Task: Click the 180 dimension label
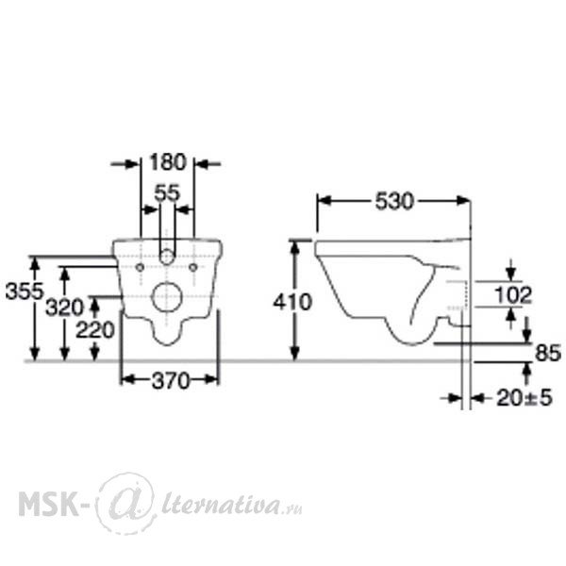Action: click(x=168, y=162)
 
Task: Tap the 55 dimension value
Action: click(x=167, y=193)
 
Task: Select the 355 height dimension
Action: click(x=25, y=291)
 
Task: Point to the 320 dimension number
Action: click(x=64, y=308)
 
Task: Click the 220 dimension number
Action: click(x=95, y=330)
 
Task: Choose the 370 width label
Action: click(x=171, y=381)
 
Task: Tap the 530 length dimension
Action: click(x=393, y=202)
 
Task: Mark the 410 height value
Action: click(x=292, y=302)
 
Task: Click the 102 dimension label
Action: click(x=513, y=295)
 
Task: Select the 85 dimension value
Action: click(x=548, y=353)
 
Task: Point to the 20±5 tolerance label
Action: click(x=524, y=398)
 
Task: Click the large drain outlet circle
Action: click(x=167, y=297)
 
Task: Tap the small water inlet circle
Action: click(x=167, y=257)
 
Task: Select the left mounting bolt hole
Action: click(x=140, y=268)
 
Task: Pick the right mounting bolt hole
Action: click(x=193, y=268)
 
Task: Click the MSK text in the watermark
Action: click(x=48, y=505)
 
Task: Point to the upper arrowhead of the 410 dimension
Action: click(x=295, y=247)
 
